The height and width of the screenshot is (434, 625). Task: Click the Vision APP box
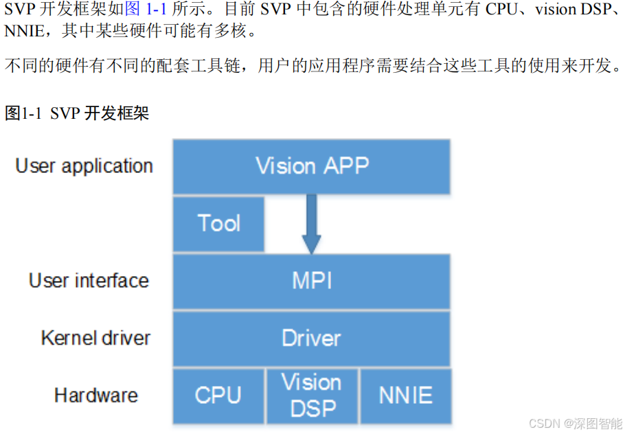tap(311, 166)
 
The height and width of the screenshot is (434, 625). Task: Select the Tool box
tap(218, 224)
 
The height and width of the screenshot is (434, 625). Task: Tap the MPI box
tap(311, 281)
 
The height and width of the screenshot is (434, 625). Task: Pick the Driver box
tap(311, 338)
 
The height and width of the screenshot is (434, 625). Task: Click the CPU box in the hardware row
tap(218, 396)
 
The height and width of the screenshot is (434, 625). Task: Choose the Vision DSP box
tap(311, 396)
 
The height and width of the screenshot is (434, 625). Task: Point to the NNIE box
tap(405, 396)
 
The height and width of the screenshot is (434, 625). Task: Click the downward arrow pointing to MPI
tap(311, 224)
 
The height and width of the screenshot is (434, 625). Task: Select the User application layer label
tap(84, 166)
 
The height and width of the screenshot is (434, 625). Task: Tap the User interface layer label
tap(89, 281)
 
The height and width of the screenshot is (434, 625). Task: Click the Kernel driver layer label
tap(95, 338)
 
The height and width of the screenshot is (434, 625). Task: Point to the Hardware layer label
tap(95, 396)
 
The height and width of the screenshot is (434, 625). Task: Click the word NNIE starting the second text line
tap(22, 32)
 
